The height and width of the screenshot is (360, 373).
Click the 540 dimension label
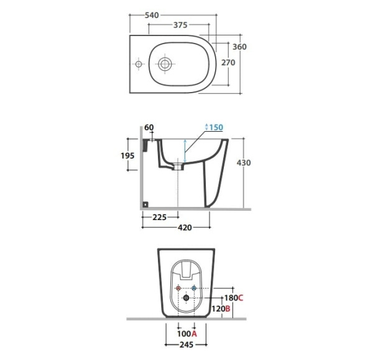(x=152, y=15)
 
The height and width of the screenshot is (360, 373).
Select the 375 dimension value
(x=180, y=25)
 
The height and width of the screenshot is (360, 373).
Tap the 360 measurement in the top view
(x=239, y=47)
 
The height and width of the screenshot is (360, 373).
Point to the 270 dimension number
(x=228, y=63)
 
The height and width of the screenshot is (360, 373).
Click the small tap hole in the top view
(x=139, y=64)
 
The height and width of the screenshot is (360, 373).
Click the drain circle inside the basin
(x=165, y=64)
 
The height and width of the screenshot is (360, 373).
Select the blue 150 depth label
(x=216, y=127)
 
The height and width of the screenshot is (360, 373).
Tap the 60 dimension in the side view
(x=149, y=127)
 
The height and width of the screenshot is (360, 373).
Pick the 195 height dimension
(x=127, y=155)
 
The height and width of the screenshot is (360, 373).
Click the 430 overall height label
(x=244, y=163)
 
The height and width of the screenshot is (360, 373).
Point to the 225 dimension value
(x=159, y=217)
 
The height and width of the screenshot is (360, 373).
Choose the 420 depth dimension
(x=185, y=228)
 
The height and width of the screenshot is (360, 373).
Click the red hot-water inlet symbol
(x=178, y=288)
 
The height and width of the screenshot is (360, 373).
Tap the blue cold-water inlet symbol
(x=194, y=288)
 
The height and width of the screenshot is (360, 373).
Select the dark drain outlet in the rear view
(x=186, y=298)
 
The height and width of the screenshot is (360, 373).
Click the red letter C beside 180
(x=241, y=298)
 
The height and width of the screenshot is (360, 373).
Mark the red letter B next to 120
(x=228, y=309)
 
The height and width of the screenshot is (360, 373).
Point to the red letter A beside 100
(x=195, y=334)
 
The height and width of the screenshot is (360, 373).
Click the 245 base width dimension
(x=186, y=344)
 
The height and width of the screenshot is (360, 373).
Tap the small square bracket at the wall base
(x=145, y=204)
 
